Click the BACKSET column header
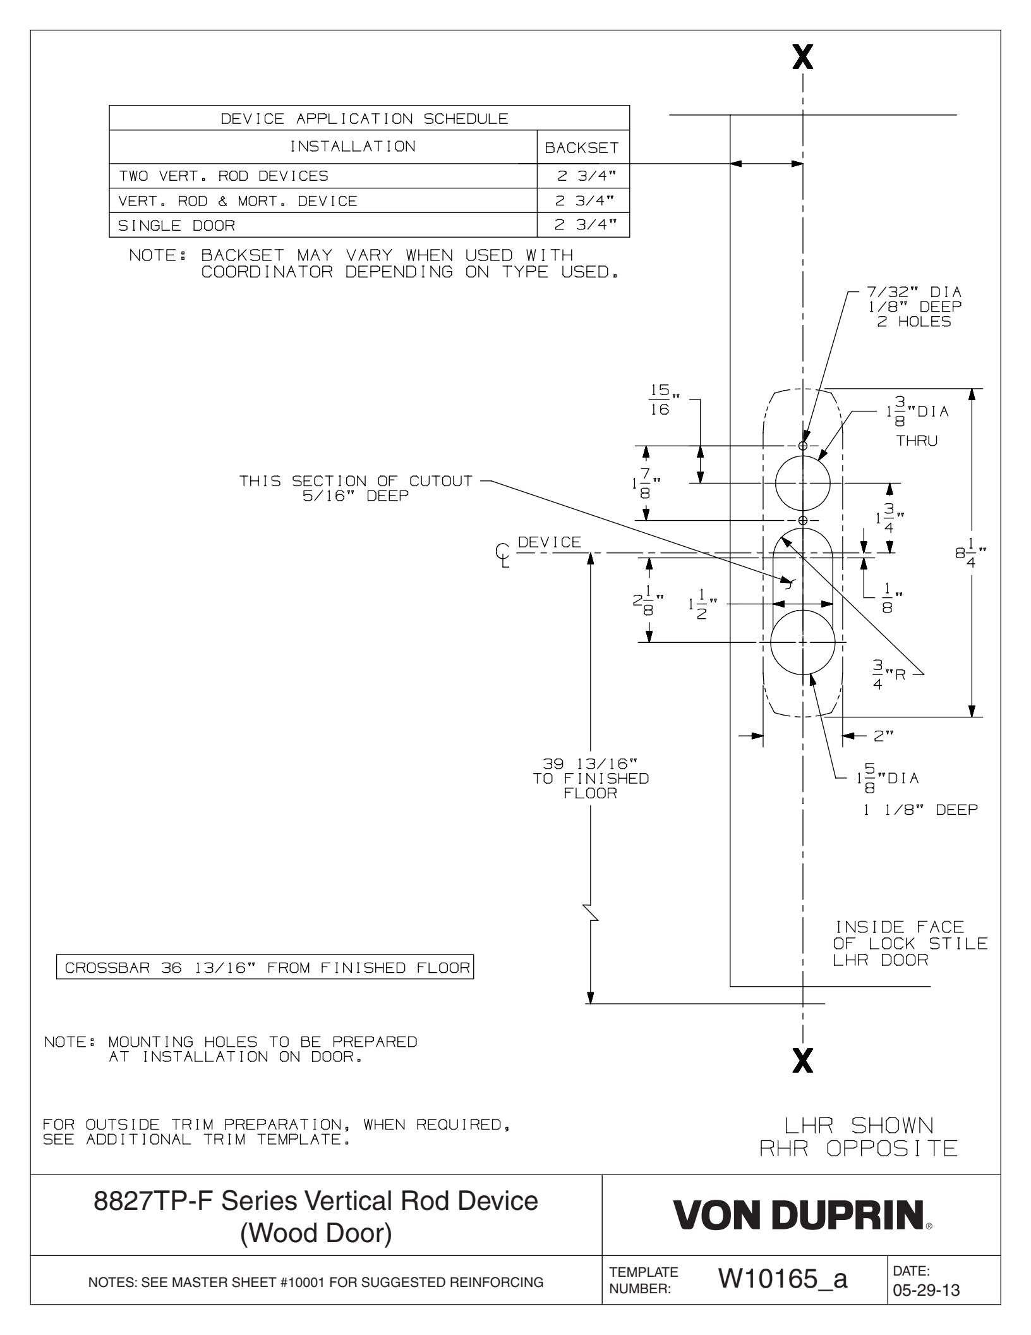tap(582, 148)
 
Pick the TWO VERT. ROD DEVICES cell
tap(224, 176)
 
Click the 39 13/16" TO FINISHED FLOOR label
tap(590, 778)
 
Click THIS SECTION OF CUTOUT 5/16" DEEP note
tap(355, 488)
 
